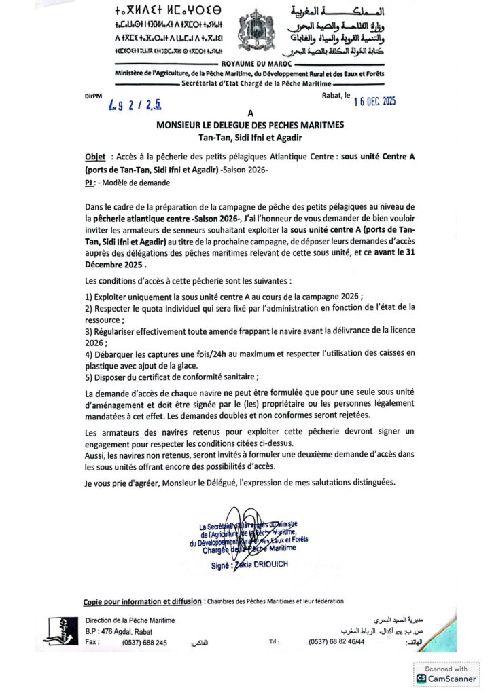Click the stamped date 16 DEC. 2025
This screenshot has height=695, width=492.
click(374, 102)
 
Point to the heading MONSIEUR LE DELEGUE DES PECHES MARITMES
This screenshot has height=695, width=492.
click(250, 124)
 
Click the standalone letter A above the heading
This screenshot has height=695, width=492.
click(250, 113)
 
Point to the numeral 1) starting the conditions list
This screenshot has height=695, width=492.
click(89, 296)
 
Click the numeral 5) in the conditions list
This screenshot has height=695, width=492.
click(89, 377)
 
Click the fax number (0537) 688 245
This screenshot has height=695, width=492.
click(144, 642)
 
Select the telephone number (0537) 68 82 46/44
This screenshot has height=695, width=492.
click(336, 642)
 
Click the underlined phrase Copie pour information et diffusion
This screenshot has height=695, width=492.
click(142, 601)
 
